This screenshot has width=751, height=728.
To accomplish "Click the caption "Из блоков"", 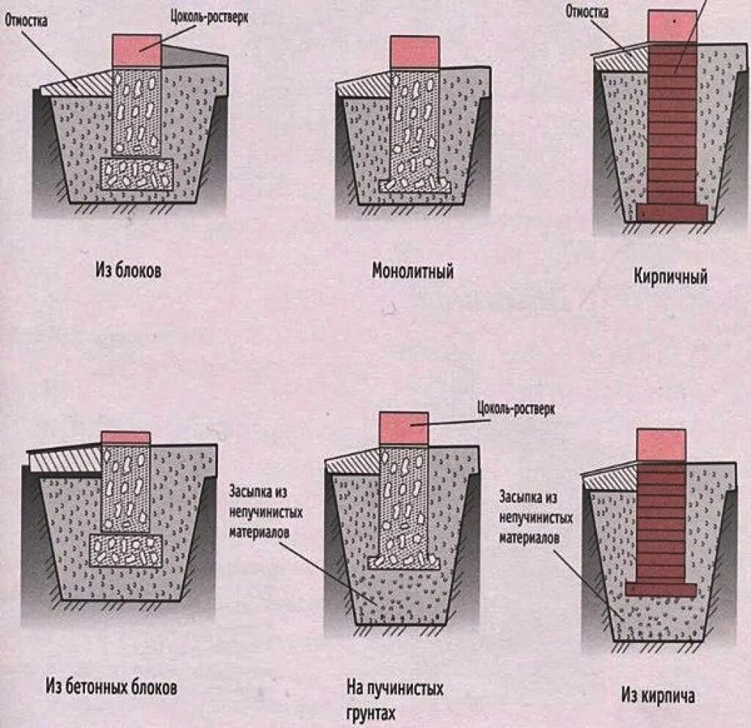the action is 128,271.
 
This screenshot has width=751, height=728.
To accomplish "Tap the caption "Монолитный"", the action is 412,271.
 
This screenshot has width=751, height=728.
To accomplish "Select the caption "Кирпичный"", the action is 670,277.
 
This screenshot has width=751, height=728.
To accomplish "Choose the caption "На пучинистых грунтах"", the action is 395,700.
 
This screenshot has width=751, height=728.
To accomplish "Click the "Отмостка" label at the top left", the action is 26,21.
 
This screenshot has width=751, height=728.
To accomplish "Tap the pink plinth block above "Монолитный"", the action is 414,53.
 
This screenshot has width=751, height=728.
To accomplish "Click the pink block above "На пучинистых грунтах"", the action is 403,427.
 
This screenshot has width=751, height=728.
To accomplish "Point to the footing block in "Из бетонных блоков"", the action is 125,550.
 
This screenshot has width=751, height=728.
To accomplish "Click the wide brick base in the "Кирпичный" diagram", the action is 671,213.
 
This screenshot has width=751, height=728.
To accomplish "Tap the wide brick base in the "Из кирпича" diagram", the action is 661,589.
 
